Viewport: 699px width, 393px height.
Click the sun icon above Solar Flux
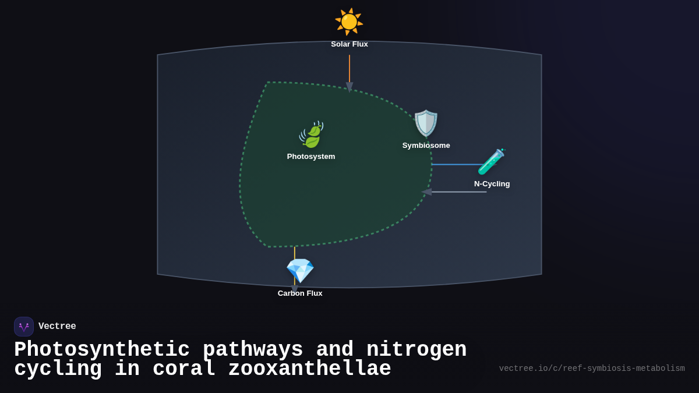(x=349, y=22)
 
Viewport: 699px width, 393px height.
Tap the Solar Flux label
(x=349, y=44)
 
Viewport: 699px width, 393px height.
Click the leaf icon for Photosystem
(x=312, y=135)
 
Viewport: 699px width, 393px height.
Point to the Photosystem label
(x=311, y=157)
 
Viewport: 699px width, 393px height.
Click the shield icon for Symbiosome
(x=426, y=123)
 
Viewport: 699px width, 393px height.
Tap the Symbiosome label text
(x=426, y=146)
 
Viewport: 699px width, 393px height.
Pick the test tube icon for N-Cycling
(x=491, y=162)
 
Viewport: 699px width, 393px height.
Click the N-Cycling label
(x=492, y=184)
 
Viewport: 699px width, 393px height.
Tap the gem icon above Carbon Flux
(x=300, y=271)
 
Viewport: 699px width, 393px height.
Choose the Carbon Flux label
(x=300, y=293)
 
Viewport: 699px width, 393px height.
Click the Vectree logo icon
(x=24, y=327)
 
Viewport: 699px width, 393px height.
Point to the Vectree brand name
(x=57, y=327)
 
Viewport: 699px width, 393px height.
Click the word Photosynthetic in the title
(x=102, y=350)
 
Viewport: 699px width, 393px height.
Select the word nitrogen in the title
(x=416, y=350)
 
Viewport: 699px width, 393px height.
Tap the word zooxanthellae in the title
(x=309, y=369)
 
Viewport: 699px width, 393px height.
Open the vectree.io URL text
(x=592, y=369)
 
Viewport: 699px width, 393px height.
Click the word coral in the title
(x=183, y=369)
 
